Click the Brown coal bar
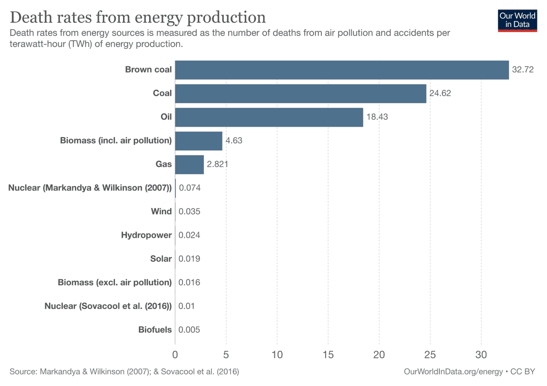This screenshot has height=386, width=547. pos(342,70)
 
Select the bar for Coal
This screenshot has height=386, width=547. pos(300,93)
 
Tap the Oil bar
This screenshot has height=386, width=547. pos(269,117)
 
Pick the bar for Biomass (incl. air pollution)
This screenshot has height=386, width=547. pos(199,141)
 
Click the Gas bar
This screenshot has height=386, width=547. pos(189,165)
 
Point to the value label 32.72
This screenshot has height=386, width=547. pos(522,70)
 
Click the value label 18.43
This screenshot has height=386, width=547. pos(377,117)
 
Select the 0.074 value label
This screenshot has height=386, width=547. pos(190,188)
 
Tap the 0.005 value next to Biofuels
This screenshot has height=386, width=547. pos(189,330)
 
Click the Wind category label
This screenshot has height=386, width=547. pos(161,211)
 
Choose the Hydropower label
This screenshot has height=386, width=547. pos(146,235)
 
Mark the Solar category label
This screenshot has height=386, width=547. pos(161,259)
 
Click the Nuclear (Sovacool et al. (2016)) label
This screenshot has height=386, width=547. pos(108,306)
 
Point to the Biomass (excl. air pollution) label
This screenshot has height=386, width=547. pos(115,283)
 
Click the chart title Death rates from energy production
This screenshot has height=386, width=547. pos(137,17)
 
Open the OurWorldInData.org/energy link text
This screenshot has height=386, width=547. pos(453,372)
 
